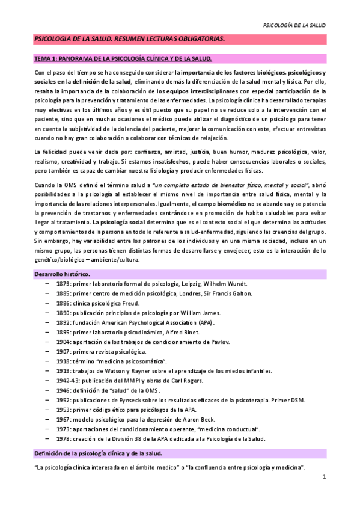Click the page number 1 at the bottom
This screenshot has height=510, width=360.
tap(323, 478)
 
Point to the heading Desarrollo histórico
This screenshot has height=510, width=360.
tap(61, 274)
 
